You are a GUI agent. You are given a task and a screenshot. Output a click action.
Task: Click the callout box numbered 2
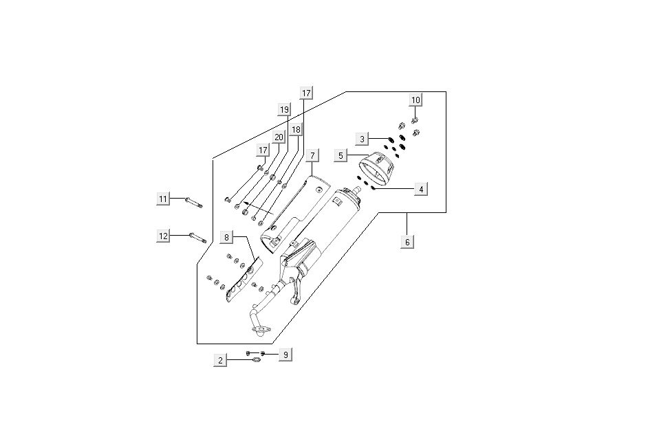click(x=220, y=360)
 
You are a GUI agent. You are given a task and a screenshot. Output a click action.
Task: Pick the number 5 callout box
click(x=341, y=155)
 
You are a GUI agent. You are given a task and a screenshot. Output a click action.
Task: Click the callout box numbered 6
click(x=407, y=242)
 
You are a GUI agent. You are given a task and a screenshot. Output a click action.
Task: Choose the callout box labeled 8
click(x=226, y=237)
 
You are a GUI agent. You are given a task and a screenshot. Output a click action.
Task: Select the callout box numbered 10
click(x=415, y=100)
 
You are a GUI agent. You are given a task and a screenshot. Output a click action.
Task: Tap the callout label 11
click(x=163, y=199)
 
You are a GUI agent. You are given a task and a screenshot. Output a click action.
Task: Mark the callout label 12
click(x=164, y=236)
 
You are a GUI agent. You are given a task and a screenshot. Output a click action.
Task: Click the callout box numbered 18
click(x=295, y=129)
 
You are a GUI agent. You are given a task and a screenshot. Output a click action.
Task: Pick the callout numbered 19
click(x=284, y=110)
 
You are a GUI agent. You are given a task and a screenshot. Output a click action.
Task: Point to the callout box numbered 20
click(x=279, y=137)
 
